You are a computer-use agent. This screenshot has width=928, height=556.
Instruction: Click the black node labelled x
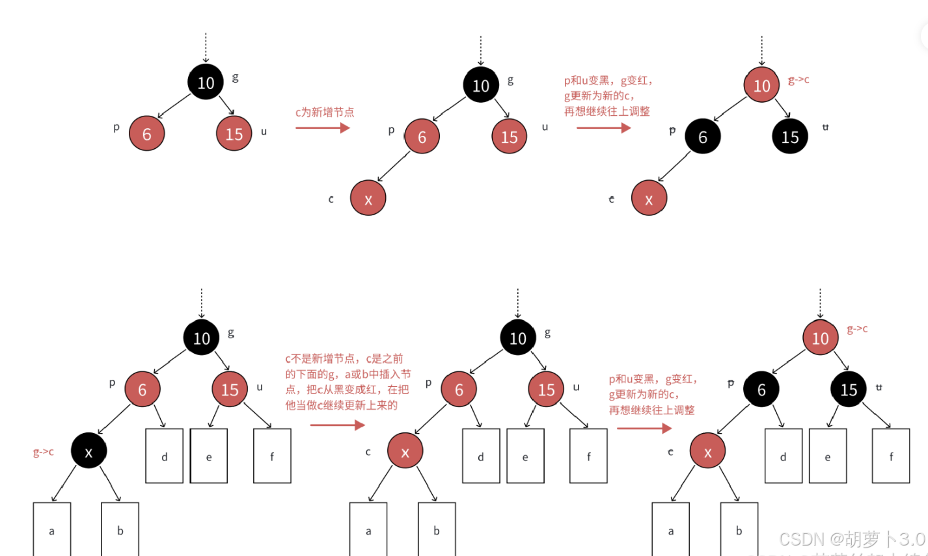[x=89, y=451]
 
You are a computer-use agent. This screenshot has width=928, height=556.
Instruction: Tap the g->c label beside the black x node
[x=44, y=452]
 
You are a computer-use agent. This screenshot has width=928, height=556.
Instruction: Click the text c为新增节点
[x=325, y=112]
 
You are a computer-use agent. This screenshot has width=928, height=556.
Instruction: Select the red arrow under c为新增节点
[x=322, y=127]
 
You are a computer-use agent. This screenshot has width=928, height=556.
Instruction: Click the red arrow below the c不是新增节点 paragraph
[x=337, y=425]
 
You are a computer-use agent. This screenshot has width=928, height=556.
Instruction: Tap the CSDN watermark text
[x=851, y=539]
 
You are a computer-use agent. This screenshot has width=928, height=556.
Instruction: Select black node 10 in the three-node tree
[x=206, y=83]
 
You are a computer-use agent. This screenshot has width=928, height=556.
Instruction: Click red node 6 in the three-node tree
[x=146, y=133]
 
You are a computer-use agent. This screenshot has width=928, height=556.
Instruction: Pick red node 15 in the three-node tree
[x=234, y=133]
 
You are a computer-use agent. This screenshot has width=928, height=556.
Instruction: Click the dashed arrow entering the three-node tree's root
[x=206, y=47]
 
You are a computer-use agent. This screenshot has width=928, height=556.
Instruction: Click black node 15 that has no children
[x=790, y=137]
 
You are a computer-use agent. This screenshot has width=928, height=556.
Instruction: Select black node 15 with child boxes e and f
[x=849, y=389]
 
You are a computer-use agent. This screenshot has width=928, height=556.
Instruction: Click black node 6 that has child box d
[x=761, y=389]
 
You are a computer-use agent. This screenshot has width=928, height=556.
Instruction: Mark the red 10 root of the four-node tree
[x=761, y=85]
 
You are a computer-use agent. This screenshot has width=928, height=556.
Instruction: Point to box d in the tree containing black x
[x=164, y=456]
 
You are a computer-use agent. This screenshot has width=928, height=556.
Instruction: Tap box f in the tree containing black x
[x=272, y=456]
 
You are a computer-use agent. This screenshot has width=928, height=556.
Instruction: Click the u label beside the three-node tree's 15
[x=264, y=131]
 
